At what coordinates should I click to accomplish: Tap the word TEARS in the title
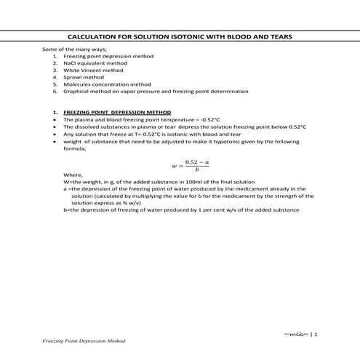[x=287, y=35]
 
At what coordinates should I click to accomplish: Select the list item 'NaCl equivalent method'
[x=94, y=63]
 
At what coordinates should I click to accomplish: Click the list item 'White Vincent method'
[x=93, y=71]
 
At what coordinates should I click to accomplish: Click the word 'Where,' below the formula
[x=73, y=175]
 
